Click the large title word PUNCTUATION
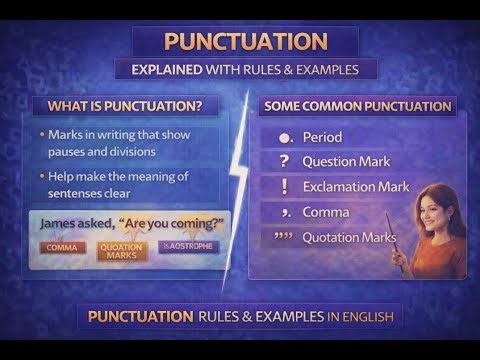pyautogui.click(x=245, y=41)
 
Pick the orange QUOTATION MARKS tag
pyautogui.click(x=121, y=249)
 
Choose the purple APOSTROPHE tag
pyautogui.click(x=187, y=245)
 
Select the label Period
pyautogui.click(x=322, y=137)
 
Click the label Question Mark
pyautogui.click(x=345, y=162)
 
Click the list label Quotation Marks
pyautogui.click(x=349, y=237)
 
